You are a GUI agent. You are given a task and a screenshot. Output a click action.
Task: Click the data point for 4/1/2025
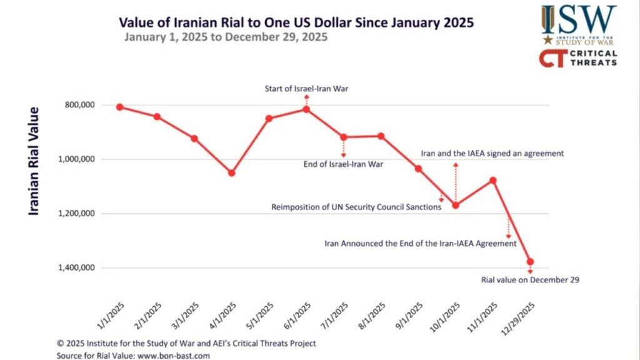(x=231, y=172)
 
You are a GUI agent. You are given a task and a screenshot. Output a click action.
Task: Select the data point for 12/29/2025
(x=531, y=262)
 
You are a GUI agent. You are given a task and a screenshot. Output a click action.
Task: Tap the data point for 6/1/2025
(x=306, y=109)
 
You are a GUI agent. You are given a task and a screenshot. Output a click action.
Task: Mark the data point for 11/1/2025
(x=493, y=181)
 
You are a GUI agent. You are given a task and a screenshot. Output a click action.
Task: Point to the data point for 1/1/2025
(x=119, y=107)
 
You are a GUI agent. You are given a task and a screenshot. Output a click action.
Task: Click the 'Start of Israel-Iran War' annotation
(x=306, y=89)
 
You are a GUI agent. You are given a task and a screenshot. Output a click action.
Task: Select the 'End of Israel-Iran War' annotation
(x=343, y=164)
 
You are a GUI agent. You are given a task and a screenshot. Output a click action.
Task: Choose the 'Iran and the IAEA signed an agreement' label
(x=492, y=152)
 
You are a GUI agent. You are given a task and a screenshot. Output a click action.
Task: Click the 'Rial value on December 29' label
(x=529, y=280)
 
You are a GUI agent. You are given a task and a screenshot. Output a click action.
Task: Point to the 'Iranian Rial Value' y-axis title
(x=34, y=161)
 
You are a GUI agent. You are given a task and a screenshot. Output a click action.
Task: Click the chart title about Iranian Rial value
(x=296, y=22)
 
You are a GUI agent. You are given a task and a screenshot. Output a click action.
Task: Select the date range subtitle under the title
(x=226, y=37)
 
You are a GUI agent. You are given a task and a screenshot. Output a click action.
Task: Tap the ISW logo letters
(x=579, y=19)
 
